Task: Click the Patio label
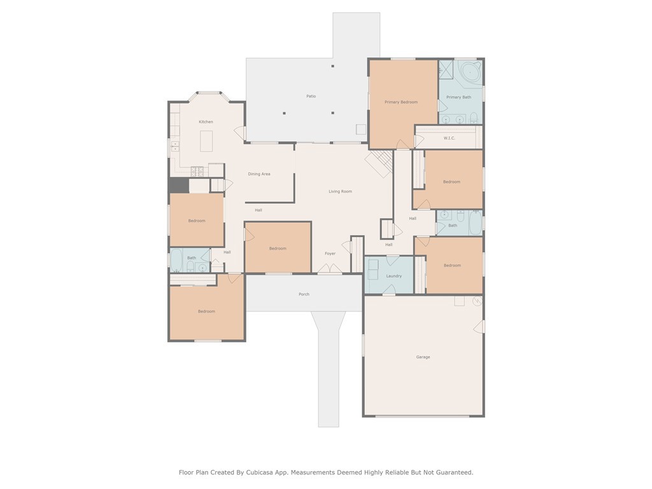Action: click(311, 96)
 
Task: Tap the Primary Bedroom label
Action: click(401, 102)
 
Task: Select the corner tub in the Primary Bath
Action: click(471, 71)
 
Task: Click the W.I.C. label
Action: click(449, 138)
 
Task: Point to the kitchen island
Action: click(207, 141)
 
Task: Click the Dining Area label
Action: click(259, 174)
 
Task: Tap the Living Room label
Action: click(340, 191)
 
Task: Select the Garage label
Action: click(423, 357)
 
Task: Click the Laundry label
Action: click(393, 276)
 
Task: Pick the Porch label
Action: click(304, 294)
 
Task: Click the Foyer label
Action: click(330, 253)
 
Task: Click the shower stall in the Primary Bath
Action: click(446, 69)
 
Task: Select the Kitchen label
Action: click(206, 122)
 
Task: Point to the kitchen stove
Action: click(197, 171)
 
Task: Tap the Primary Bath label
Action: click(458, 97)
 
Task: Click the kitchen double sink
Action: click(176, 146)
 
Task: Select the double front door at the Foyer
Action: click(330, 269)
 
